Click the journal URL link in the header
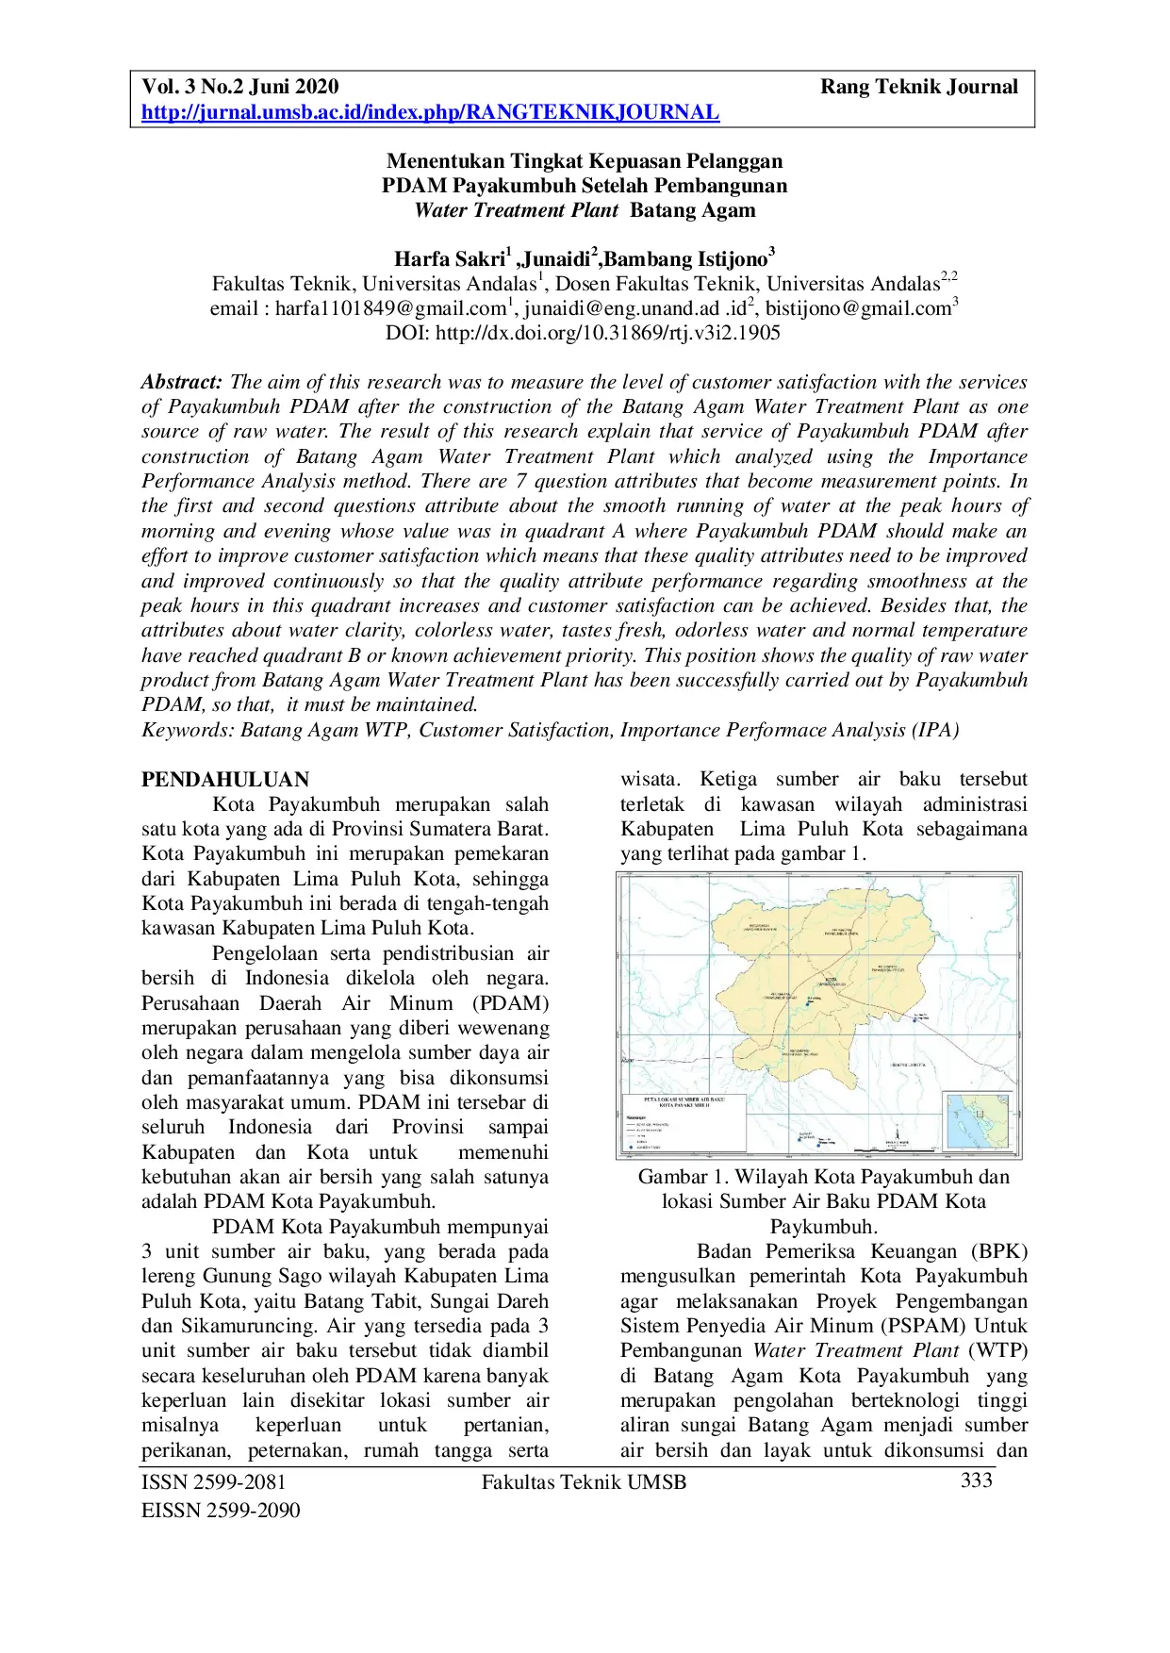[x=430, y=113]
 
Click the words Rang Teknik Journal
[x=918, y=88]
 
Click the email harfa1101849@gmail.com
[x=390, y=308]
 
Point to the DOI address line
[x=583, y=333]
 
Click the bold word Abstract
[x=181, y=382]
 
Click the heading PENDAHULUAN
[x=225, y=780]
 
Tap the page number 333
[x=976, y=1480]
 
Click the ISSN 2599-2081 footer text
[x=213, y=1482]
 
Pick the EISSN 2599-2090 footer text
[x=221, y=1511]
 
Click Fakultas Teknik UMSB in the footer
[x=584, y=1482]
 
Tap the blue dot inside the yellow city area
[x=808, y=1004]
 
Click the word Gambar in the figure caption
[x=672, y=1177]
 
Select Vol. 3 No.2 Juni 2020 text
[x=240, y=88]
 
